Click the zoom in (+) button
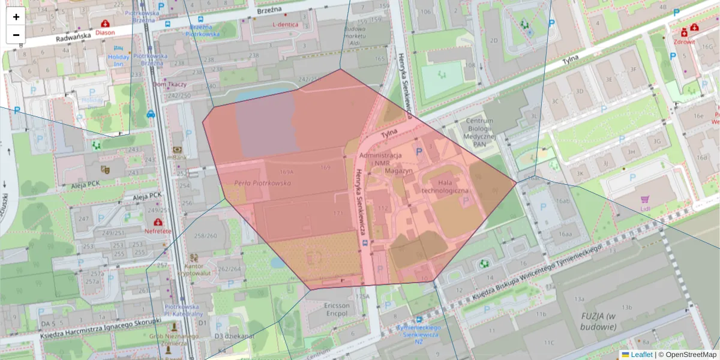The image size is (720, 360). [x=16, y=17]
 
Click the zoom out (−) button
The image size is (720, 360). [x=16, y=35]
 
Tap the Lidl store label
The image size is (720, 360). [x=646, y=208]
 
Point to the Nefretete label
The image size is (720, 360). [x=158, y=230]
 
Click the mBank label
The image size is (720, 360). [x=177, y=157]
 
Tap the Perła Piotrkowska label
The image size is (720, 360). [x=262, y=183]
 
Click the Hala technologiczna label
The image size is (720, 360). [x=445, y=186]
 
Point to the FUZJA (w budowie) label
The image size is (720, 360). [x=598, y=322]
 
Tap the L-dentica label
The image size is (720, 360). [x=285, y=25]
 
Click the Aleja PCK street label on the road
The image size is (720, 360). [x=147, y=196]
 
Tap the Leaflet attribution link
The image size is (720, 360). [x=641, y=355]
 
